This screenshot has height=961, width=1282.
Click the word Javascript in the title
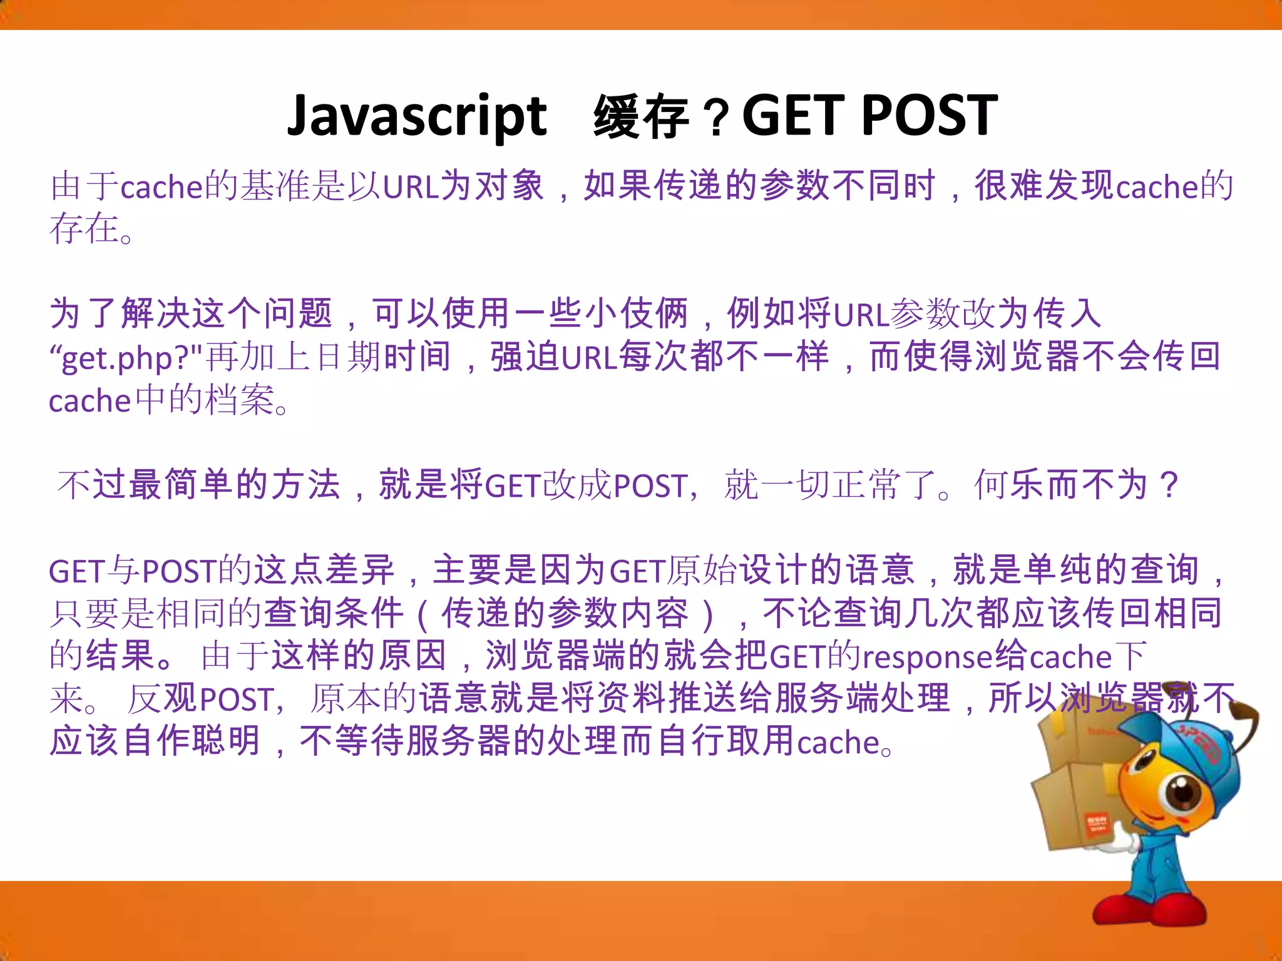417,117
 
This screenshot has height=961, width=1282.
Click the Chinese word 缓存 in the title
641,117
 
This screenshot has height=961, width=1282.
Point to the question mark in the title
717,119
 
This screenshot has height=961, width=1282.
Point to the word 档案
240,400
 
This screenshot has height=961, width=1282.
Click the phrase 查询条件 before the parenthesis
333,613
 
